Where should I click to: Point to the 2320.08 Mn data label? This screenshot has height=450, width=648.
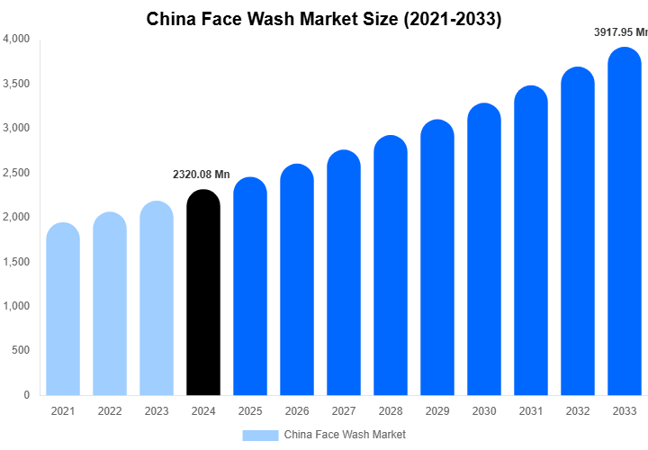202,174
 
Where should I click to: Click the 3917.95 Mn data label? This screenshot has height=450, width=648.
620,32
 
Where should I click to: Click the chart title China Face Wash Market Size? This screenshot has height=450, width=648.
324,18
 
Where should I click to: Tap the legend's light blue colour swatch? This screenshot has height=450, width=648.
260,435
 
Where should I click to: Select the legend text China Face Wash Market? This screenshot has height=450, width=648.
345,435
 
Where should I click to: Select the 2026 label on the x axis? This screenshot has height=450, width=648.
297,411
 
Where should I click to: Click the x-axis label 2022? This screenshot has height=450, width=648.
110,411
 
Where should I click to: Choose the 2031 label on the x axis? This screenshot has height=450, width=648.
531,411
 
